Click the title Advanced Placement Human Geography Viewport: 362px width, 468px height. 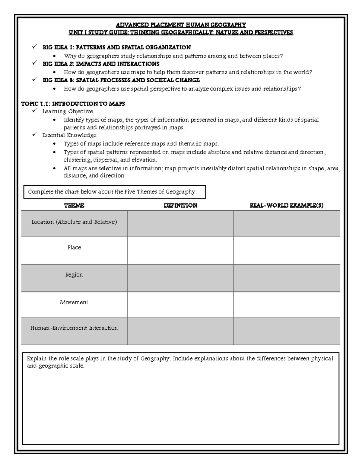tap(181, 25)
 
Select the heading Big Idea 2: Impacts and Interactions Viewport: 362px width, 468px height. tap(101, 64)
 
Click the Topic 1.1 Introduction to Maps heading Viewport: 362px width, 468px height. tap(73, 104)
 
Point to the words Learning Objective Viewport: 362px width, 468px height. tap(68, 112)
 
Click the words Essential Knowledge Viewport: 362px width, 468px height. tap(69, 135)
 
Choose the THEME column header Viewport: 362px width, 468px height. tap(74, 206)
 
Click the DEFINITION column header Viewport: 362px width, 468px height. tap(180, 206)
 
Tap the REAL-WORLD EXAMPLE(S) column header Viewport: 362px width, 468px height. tap(287, 206)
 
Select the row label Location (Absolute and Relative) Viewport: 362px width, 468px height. tap(74, 222)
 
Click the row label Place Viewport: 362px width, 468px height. tap(74, 247)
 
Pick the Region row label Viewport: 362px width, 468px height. tap(74, 275)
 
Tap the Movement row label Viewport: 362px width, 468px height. tap(74, 302)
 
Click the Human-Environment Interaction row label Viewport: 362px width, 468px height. tap(74, 328)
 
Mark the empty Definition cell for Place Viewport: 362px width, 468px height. tap(180, 250)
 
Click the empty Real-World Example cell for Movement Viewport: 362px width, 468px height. tap(287, 304)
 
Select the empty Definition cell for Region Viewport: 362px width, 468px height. tap(180, 278)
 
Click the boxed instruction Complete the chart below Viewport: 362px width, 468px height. tap(115, 192)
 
